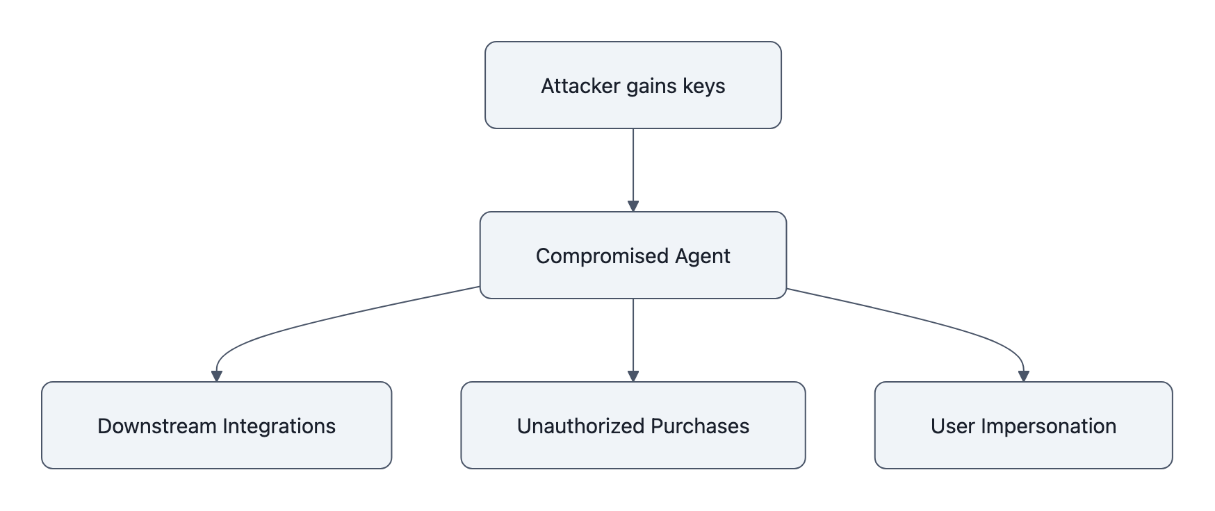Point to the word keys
[x=704, y=86]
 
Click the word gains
[x=651, y=86]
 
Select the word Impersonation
[x=1048, y=426]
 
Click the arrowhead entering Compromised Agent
[x=633, y=206]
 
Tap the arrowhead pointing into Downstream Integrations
[x=216, y=376]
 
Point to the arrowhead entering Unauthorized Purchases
[x=633, y=376]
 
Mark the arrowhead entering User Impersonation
[x=1023, y=376]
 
